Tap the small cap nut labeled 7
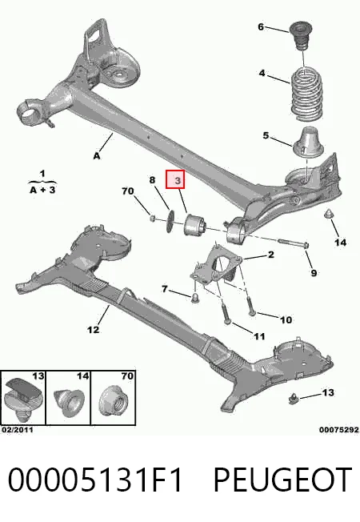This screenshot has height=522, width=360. point(195,298)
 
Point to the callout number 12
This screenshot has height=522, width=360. point(93,330)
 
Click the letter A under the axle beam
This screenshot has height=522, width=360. point(97,155)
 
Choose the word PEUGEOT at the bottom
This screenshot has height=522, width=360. point(282,480)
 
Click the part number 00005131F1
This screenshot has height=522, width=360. point(95,480)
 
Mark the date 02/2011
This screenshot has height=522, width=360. point(18,430)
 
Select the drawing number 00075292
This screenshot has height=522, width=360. point(339,430)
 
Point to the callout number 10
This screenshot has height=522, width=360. point(286,320)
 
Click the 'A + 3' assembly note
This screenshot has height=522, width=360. point(42,190)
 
